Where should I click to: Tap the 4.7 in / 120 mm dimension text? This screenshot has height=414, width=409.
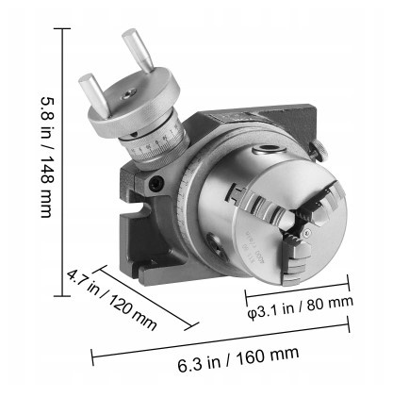coord(112,300)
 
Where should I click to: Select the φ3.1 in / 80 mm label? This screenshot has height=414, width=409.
coord(301,306)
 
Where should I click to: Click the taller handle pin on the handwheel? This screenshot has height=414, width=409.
coord(138,50)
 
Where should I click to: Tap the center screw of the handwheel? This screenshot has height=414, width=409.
coord(129,93)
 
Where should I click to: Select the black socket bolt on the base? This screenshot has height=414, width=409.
coord(156,183)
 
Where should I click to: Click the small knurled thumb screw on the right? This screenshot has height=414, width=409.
coord(319,151)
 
